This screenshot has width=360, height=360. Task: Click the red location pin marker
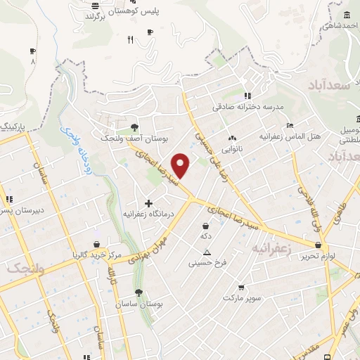[x=181, y=165]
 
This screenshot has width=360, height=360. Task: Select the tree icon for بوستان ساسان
[x=138, y=292]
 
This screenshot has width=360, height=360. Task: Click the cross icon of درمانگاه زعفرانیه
[x=148, y=203]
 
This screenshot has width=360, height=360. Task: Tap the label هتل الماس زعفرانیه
[x=286, y=135]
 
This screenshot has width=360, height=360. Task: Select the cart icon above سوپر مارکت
[x=241, y=288]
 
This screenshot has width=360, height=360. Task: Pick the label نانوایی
[x=231, y=149]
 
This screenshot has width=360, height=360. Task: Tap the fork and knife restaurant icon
[x=130, y=40]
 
